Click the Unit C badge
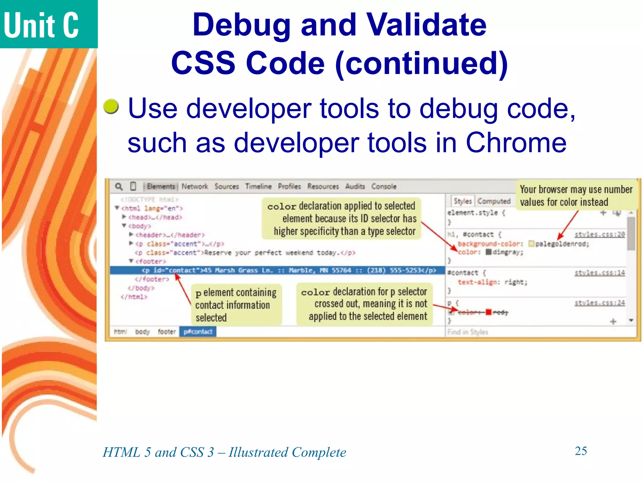coord(49,24)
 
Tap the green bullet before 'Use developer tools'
coord(111,106)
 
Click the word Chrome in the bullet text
coord(516,143)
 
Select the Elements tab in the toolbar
coord(161,186)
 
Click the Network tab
coord(195,186)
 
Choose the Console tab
coord(384,186)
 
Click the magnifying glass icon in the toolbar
coord(119,186)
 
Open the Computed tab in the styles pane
coord(494,201)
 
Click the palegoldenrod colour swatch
coord(531,244)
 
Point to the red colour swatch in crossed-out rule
coord(488,312)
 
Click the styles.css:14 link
coord(599,273)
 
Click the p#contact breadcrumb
coord(198,332)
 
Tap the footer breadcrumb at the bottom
coord(166,332)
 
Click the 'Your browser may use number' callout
coord(576,195)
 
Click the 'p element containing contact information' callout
coord(236,305)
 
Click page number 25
coord(581,451)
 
